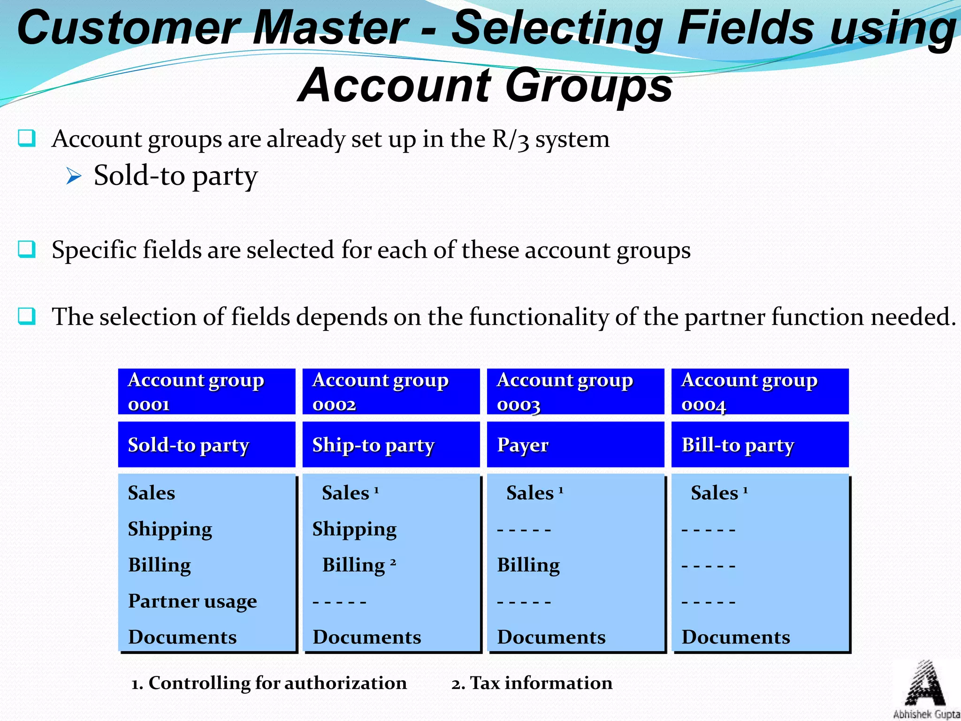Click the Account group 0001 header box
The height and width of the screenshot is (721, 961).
pos(206,391)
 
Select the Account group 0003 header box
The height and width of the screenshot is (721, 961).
pos(575,391)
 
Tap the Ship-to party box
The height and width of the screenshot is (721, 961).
pos(391,445)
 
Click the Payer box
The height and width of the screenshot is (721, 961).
pos(575,445)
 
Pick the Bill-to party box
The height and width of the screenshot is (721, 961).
pos(760,445)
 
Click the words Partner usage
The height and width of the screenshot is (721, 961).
pos(192,601)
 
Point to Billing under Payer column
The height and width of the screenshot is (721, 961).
pos(528,565)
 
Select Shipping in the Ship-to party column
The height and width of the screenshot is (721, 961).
pos(354,529)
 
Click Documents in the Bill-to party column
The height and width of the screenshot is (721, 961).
pos(736,637)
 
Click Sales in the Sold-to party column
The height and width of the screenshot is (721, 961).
pos(152,493)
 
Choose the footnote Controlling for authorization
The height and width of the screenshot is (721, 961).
pos(269,683)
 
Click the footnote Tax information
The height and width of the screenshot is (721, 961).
pos(532,683)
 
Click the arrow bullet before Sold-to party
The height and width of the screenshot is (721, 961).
pos(74,176)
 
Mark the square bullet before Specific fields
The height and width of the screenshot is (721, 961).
pos(27,249)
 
